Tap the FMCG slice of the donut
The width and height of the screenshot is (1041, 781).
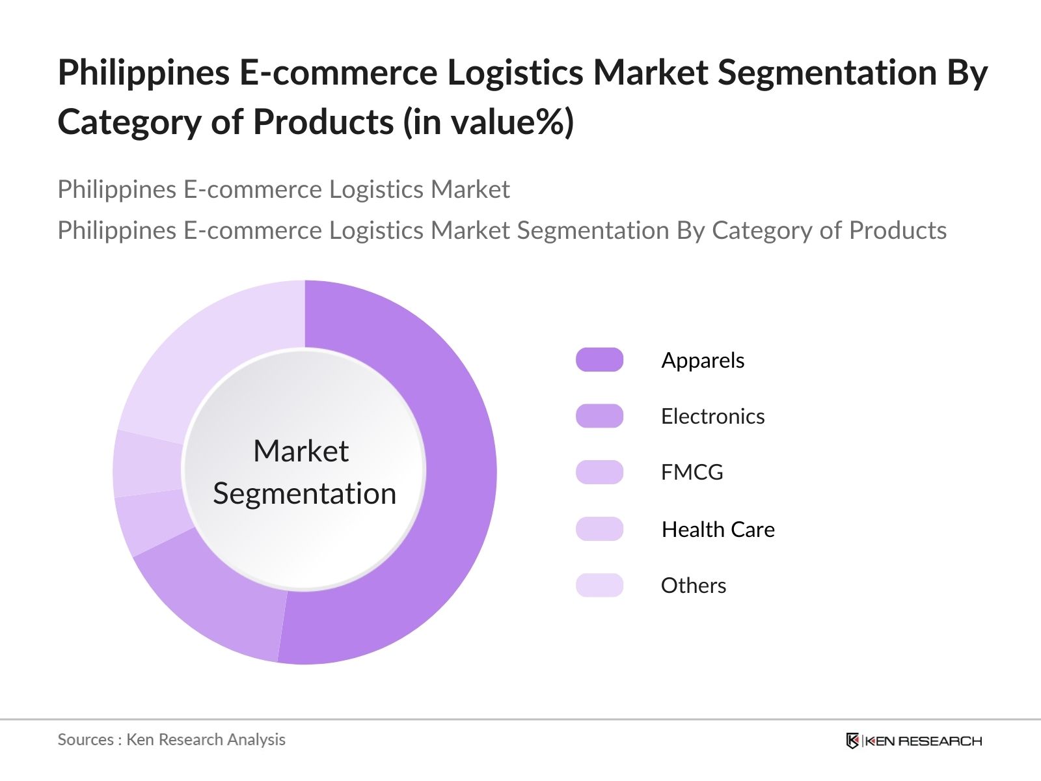pos(152,521)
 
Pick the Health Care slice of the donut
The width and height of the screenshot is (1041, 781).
pos(147,465)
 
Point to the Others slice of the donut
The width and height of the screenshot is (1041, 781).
pos(213,351)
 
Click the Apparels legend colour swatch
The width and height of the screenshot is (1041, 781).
pos(599,359)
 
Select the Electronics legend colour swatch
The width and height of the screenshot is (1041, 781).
pos(599,416)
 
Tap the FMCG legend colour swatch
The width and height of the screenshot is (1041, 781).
pos(599,473)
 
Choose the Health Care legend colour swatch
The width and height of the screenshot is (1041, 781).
pos(599,528)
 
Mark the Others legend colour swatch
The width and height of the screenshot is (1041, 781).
pos(599,585)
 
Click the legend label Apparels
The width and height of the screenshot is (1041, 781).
pos(703,361)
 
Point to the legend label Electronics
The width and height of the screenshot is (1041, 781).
pos(713,417)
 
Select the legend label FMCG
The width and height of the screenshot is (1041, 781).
pos(692,473)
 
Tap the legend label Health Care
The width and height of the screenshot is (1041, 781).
pos(718,529)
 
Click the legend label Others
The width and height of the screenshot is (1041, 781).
pos(694,586)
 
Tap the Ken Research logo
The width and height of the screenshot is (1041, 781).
pos(913,741)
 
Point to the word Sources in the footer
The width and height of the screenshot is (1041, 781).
pos(86,739)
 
